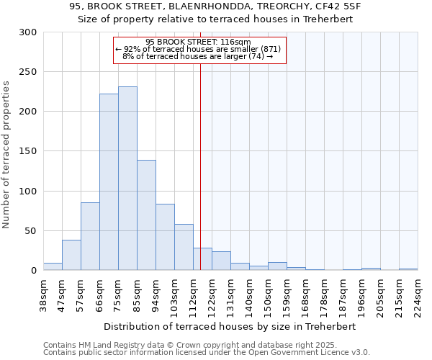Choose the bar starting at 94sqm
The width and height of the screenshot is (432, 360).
165,237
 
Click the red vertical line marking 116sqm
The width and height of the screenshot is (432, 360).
200,158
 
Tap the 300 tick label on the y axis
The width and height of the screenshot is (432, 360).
28,32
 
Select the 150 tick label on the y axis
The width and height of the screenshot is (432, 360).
28,151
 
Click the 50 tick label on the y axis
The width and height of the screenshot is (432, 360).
31,231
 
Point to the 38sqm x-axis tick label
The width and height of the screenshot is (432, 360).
44,294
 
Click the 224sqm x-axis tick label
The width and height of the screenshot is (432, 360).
418,294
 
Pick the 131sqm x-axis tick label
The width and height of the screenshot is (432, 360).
231,294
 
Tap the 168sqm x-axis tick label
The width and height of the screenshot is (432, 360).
305,294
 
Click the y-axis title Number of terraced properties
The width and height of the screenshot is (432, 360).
7,154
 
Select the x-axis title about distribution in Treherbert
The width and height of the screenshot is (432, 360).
230,326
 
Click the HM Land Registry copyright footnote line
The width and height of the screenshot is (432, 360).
185,346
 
